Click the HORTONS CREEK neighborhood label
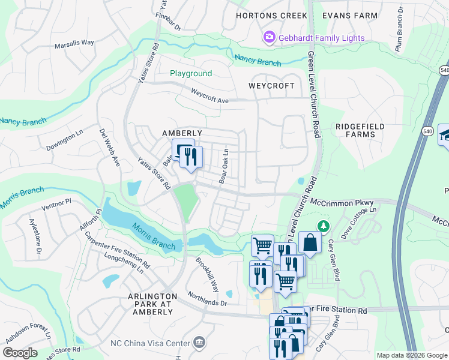click(x=271, y=16)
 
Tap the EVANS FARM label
click(x=350, y=16)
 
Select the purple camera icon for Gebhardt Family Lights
click(x=270, y=38)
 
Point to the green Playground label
click(x=191, y=74)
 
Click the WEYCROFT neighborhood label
click(x=272, y=86)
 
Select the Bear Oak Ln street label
click(x=224, y=166)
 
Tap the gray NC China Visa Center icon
click(x=199, y=343)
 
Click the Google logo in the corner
click(x=20, y=353)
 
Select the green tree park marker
click(x=324, y=225)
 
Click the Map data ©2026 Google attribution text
click(x=412, y=355)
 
